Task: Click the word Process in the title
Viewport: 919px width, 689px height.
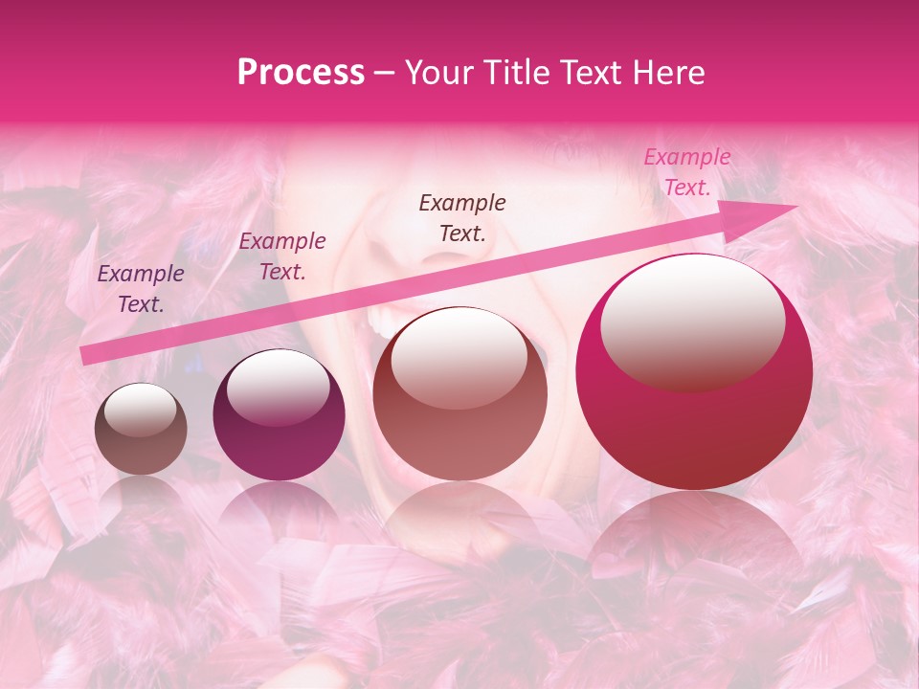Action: pos(301,73)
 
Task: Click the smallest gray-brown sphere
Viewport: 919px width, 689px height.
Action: pos(141,429)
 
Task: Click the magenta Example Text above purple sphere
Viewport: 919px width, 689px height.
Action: pos(282,256)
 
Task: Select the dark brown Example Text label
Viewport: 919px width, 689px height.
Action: pos(462,217)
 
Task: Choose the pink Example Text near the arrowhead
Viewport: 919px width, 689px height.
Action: pos(686,172)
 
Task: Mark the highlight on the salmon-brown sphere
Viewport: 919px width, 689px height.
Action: pos(459,357)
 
